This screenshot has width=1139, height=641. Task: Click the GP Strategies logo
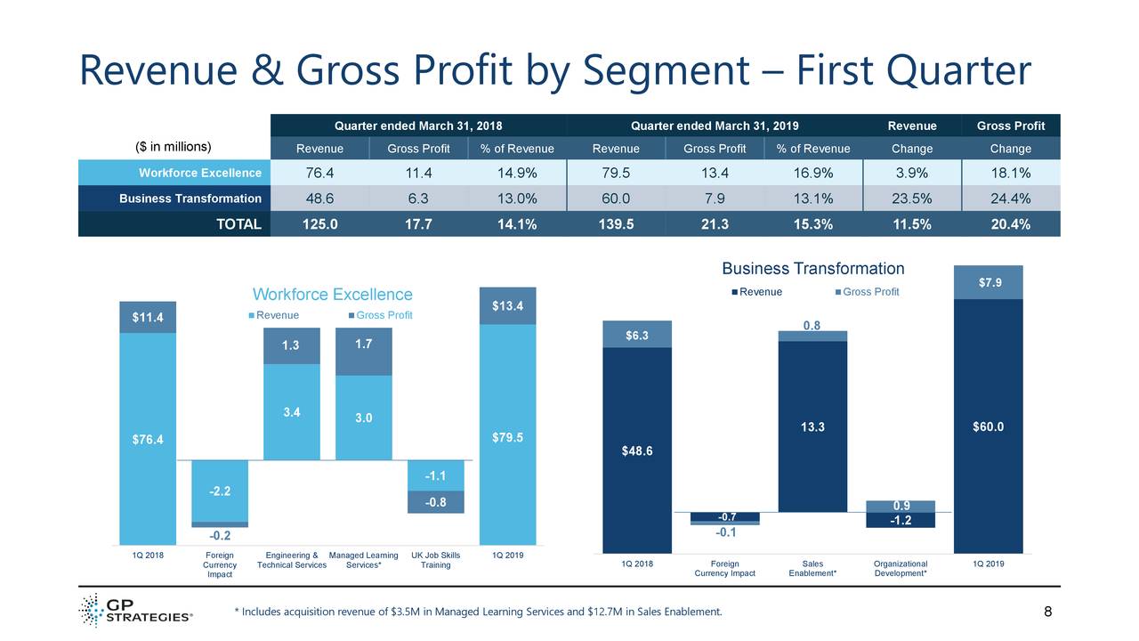click(x=135, y=611)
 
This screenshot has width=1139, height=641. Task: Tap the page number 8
click(x=1047, y=612)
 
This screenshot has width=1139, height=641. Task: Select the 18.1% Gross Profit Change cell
click(x=1010, y=173)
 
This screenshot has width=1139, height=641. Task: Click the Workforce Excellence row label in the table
click(x=199, y=173)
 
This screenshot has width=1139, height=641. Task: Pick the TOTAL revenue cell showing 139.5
click(x=616, y=224)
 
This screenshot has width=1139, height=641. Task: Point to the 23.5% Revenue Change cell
click(x=911, y=199)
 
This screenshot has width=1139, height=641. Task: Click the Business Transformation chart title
click(x=812, y=269)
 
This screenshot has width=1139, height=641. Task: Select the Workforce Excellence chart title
click(x=333, y=295)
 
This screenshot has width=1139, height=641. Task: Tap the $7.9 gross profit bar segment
click(x=988, y=283)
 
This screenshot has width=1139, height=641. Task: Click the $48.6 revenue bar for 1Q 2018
click(x=636, y=450)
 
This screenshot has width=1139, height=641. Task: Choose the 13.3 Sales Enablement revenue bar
click(x=812, y=426)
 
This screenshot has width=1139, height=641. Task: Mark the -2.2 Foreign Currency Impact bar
click(x=220, y=491)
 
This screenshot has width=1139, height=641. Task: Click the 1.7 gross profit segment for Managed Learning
click(x=363, y=343)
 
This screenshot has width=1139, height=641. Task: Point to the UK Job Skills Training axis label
click(x=435, y=560)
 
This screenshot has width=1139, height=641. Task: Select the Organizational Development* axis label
click(x=900, y=568)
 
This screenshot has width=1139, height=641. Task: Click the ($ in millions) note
click(x=172, y=147)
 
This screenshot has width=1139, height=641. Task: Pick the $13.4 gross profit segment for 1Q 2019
click(x=507, y=306)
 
